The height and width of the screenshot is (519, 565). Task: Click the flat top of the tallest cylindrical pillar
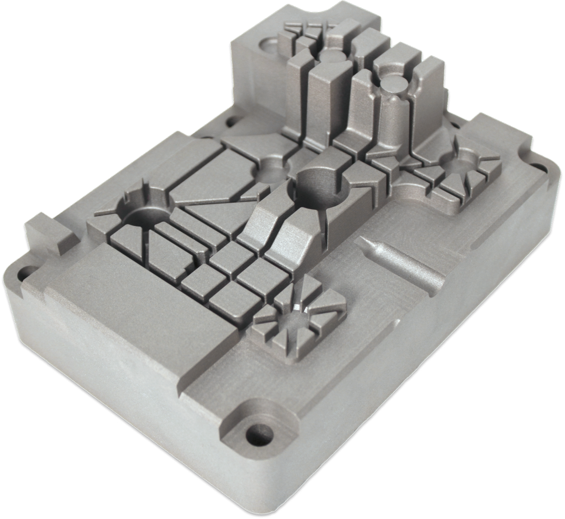point(393,85)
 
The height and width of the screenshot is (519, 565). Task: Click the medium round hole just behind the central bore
point(271,170)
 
